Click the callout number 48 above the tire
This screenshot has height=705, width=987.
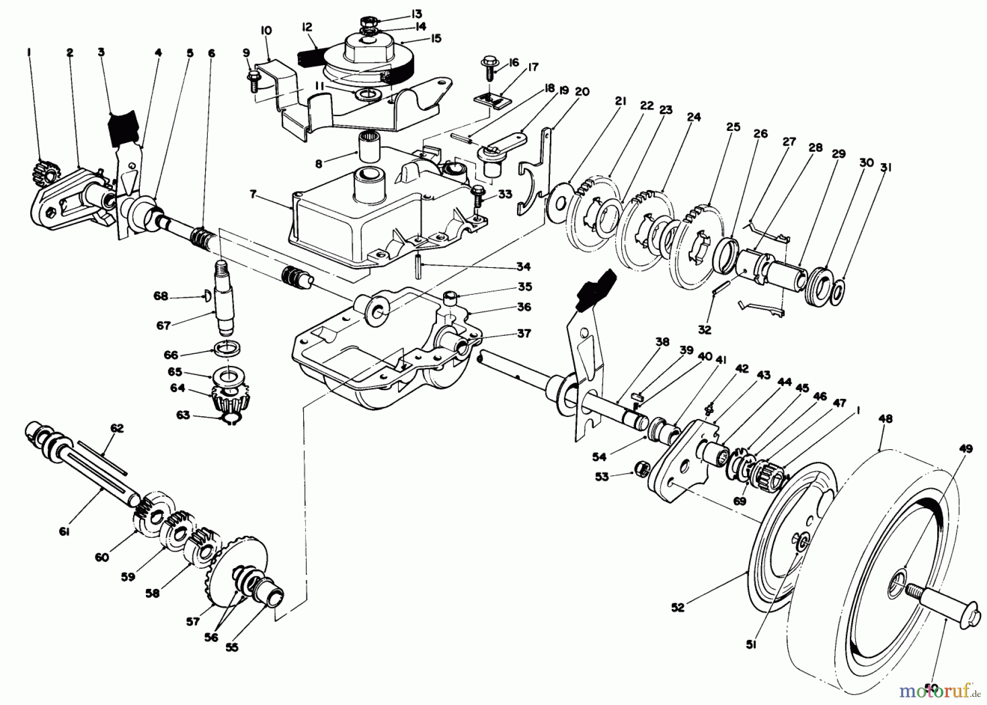point(885,419)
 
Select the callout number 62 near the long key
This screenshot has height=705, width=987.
point(117,428)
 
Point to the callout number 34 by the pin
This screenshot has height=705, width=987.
point(523,267)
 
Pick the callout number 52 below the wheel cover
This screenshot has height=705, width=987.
point(678,607)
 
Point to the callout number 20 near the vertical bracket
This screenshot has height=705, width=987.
point(582,91)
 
